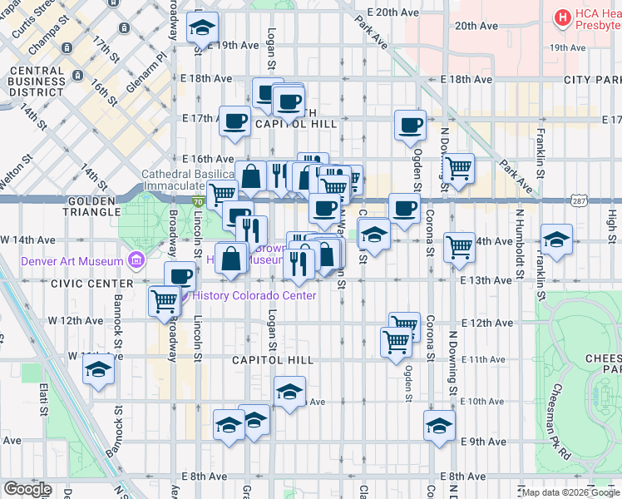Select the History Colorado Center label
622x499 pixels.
pos(254,296)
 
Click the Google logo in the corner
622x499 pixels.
pos(28,489)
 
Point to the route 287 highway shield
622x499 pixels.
pos(580,201)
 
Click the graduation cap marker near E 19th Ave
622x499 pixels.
pos(202,29)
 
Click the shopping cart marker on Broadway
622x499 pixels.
pos(165,300)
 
